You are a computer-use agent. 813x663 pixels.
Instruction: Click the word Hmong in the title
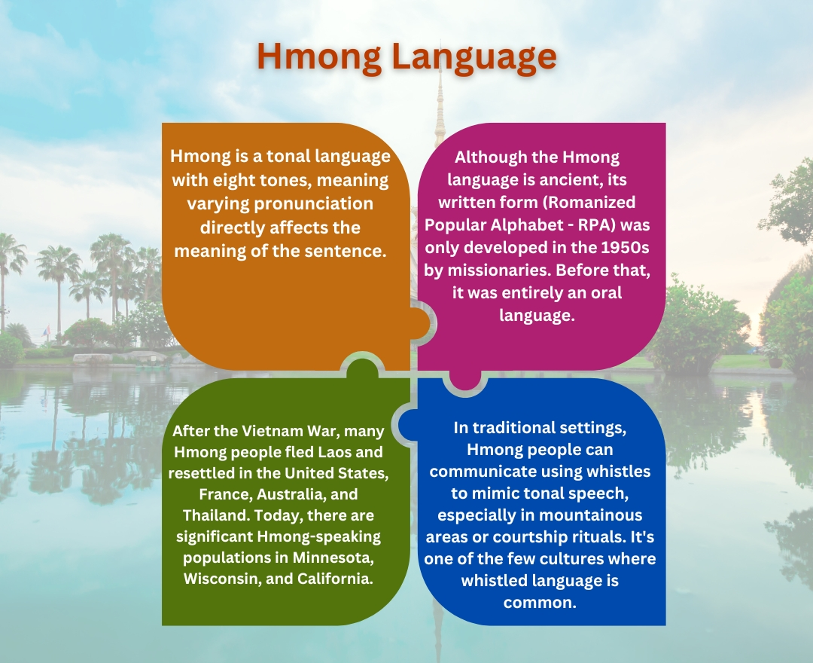pos(314,57)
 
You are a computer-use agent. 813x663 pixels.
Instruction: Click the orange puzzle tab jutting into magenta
pos(423,323)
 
